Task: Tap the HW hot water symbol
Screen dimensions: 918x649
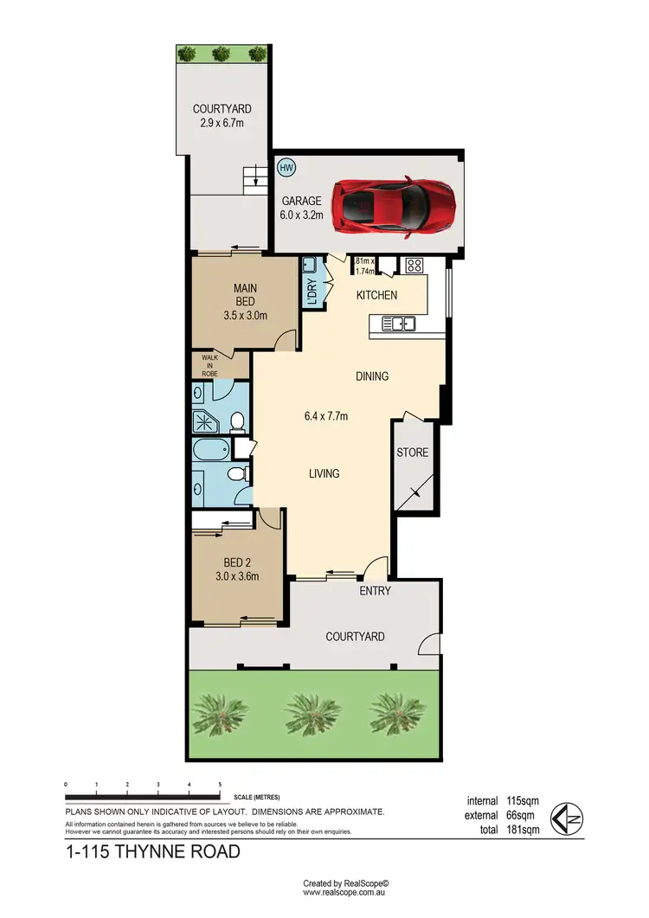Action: pyautogui.click(x=285, y=166)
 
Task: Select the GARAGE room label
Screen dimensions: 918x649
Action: pyautogui.click(x=301, y=201)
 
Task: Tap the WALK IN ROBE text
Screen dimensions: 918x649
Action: pyautogui.click(x=210, y=364)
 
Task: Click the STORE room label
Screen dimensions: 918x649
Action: pyautogui.click(x=412, y=453)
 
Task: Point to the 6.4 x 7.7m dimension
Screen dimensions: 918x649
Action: pyautogui.click(x=326, y=416)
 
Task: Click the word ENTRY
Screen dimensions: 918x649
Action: pyautogui.click(x=376, y=592)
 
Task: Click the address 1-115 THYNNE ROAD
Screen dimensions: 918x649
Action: pyautogui.click(x=152, y=852)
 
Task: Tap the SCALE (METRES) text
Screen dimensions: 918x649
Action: pyautogui.click(x=257, y=797)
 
